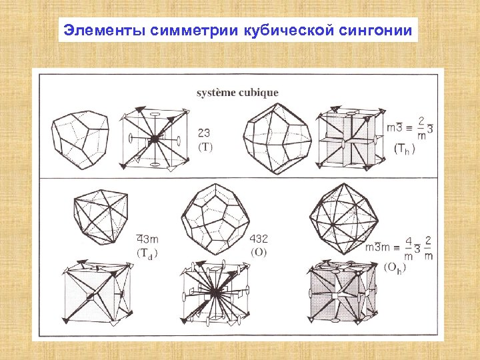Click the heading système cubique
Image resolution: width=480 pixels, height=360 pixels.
tap(237, 93)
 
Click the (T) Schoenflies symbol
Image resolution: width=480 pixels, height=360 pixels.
tap(205, 147)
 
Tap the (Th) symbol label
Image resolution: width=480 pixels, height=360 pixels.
tap(404, 149)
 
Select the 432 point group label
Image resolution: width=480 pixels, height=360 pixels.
tap(259, 239)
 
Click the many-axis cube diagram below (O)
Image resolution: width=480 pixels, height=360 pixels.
tap(215, 293)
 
